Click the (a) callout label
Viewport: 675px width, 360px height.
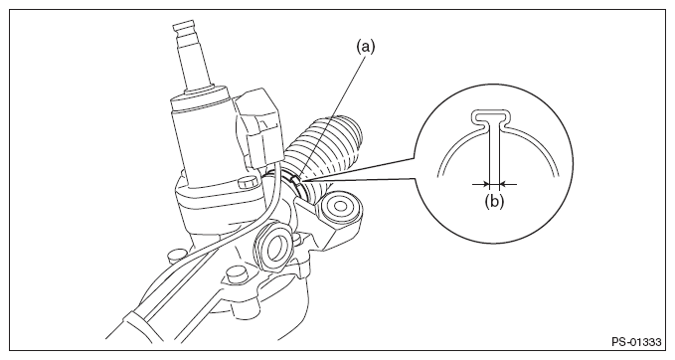click(x=365, y=47)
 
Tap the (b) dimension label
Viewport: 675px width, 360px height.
click(x=494, y=201)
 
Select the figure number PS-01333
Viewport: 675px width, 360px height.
click(x=636, y=342)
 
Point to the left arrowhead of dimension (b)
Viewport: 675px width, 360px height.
click(x=485, y=184)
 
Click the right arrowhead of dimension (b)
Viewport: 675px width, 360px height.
click(x=504, y=184)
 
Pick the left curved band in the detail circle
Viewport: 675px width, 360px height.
click(x=456, y=146)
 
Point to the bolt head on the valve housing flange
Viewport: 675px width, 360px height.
click(x=248, y=185)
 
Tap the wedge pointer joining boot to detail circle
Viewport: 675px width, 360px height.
click(x=362, y=169)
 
